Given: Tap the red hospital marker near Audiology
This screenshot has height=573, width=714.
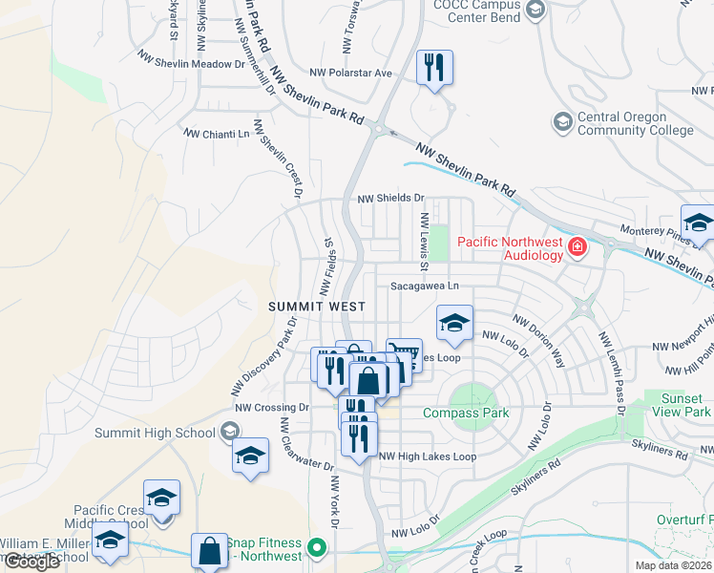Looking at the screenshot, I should tap(577, 248).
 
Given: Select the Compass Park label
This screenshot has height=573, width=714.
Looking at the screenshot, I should tap(466, 414).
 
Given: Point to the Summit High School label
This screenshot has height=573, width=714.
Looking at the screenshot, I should tap(155, 433).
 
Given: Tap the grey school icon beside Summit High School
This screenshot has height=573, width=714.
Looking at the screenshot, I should tap(229, 433).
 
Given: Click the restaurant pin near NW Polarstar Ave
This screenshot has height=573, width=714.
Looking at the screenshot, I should tap(434, 68).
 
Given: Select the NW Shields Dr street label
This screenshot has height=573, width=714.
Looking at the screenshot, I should tap(390, 199).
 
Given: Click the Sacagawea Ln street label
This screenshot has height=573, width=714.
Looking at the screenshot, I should tap(425, 286).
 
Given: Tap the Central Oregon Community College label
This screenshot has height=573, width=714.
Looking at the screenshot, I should tap(636, 124).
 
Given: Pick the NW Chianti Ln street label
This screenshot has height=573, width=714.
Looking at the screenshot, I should tap(216, 135).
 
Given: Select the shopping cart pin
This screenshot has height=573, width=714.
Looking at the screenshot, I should tap(404, 356).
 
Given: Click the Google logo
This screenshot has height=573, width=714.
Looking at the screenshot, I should tap(31, 562).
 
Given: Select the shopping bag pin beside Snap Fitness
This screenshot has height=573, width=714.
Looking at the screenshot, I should tap(209, 551).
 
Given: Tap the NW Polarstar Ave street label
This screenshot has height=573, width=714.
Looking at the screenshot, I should tap(351, 73).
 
